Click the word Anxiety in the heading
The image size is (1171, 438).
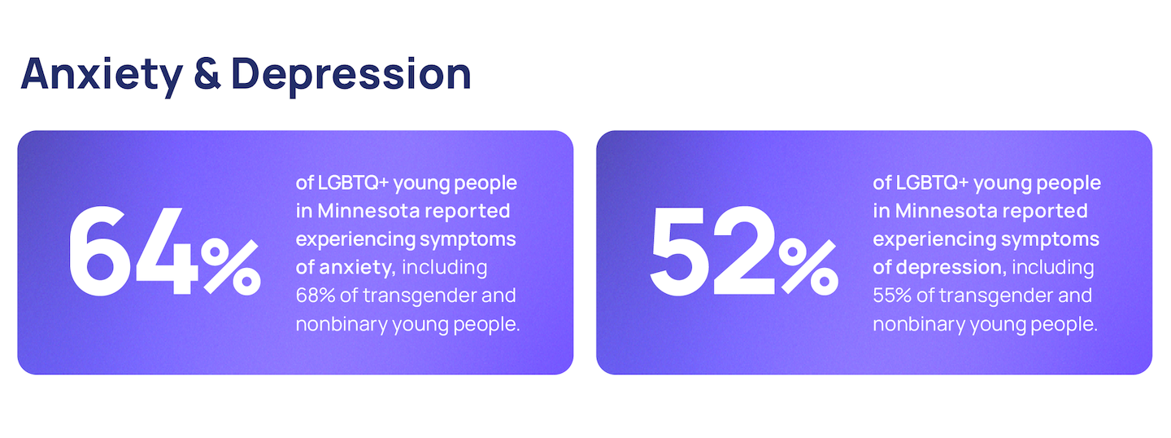(102, 75)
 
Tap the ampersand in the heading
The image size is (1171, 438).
(207, 74)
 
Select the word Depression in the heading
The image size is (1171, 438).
(351, 75)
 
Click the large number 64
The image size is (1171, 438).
(133, 251)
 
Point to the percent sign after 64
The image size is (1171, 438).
(231, 266)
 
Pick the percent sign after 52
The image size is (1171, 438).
(808, 266)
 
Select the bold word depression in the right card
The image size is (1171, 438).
(951, 267)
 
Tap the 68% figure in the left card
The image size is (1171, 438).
(316, 296)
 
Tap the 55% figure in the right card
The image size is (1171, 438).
(892, 296)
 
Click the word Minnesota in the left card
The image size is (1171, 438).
(368, 211)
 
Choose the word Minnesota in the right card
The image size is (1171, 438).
(947, 211)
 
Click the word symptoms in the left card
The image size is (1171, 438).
(468, 239)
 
